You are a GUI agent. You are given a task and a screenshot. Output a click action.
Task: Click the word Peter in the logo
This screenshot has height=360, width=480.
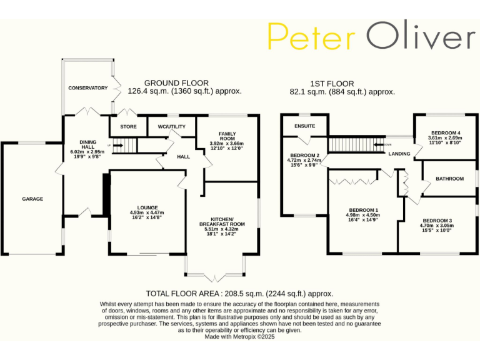click(x=311, y=37)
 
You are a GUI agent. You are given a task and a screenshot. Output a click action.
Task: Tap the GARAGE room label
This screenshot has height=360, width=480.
click(x=32, y=199)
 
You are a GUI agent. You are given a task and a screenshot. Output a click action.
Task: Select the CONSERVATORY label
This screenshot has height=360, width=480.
click(x=87, y=88)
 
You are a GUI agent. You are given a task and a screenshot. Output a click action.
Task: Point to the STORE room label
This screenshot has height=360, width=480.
click(x=128, y=127)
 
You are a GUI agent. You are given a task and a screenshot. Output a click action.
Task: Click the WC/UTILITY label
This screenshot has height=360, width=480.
click(x=172, y=127)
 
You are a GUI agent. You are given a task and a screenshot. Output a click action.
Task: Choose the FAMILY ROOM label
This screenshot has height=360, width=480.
click(x=226, y=136)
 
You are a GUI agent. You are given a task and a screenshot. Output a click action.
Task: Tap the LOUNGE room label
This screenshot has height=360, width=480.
click(x=147, y=207)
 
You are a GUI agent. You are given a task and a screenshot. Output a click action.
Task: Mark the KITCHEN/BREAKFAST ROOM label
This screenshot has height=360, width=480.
click(x=222, y=221)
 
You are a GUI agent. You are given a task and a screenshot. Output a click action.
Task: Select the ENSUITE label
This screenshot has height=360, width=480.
click(x=305, y=126)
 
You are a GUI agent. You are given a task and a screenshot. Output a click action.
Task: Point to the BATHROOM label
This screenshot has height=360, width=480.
click(x=449, y=179)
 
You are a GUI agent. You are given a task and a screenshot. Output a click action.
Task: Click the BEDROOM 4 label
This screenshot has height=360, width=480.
click(x=445, y=132)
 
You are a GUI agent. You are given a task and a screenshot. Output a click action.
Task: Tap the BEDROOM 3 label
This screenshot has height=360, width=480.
click(x=437, y=221)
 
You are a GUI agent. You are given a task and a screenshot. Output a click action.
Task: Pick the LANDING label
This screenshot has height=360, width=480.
click(x=399, y=154)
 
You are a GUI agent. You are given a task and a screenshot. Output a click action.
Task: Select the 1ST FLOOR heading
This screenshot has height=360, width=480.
click(x=332, y=83)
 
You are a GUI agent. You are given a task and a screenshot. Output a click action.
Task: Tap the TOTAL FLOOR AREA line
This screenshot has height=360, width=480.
click(x=239, y=293)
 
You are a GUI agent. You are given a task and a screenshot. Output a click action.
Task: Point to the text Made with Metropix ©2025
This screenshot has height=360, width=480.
click(x=239, y=336)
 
